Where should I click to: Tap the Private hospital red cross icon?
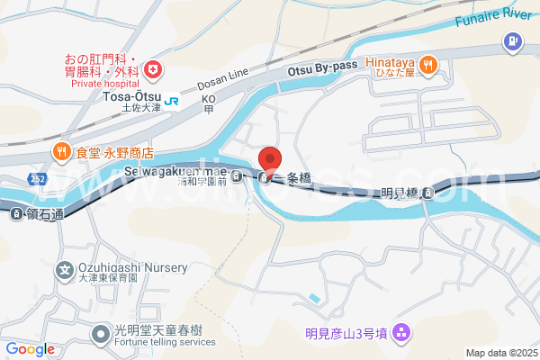pos(153,68)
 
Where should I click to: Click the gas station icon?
pos(512,40)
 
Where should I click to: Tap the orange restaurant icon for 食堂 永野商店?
pos(62,152)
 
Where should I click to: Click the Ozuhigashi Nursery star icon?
pos(65,268)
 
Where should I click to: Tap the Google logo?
pos(30,348)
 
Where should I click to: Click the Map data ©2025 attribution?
pos(500,353)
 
